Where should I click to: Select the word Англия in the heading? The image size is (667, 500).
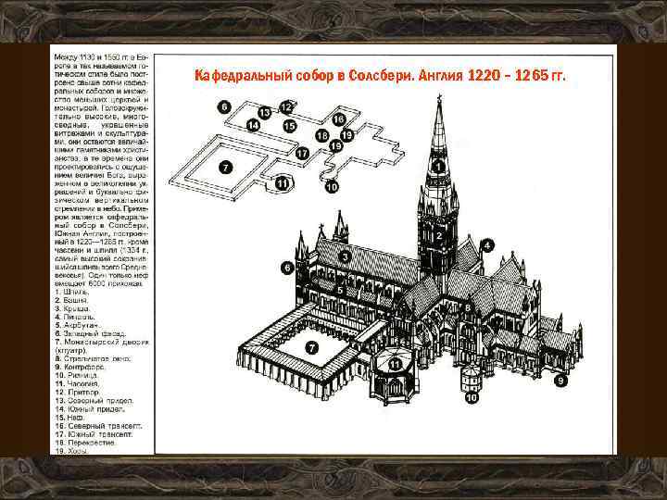coord(447,76)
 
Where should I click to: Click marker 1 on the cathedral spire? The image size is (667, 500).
coord(436,166)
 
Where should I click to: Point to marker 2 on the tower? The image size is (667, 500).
coord(436,235)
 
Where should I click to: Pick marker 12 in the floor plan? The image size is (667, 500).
coord(286,107)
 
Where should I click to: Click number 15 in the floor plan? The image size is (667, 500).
coord(289,126)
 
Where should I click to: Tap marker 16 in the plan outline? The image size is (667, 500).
coord(338,120)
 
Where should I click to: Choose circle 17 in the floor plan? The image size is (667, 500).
coord(302,152)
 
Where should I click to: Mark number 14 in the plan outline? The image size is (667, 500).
coord(252,124)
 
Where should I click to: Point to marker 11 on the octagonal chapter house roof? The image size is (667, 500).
coord(396,365)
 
